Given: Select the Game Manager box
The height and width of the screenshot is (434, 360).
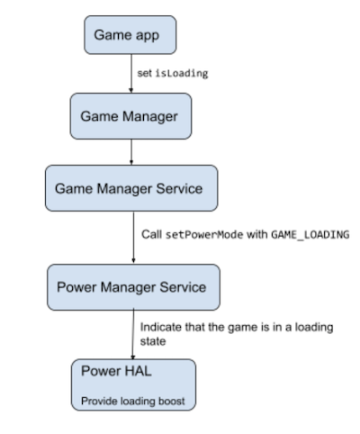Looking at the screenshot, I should pos(131,115).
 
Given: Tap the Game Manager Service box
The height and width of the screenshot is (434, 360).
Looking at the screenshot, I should pos(131,189).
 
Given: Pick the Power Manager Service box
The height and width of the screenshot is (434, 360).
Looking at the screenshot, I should pos(131,288).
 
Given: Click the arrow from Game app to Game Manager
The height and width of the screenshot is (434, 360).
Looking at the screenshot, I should pos(131,77).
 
